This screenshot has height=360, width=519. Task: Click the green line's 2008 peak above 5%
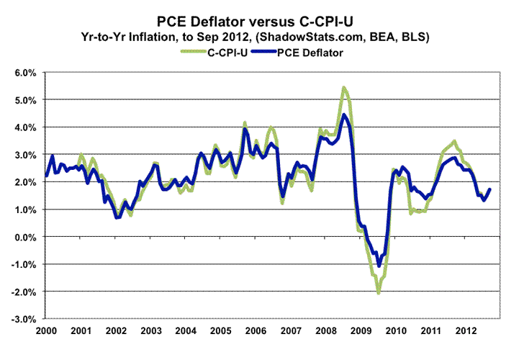click(x=344, y=88)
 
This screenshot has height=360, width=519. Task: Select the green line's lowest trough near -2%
click(x=378, y=292)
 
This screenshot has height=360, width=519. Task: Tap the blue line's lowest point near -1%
click(x=379, y=267)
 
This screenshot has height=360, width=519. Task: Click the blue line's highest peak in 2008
click(x=344, y=114)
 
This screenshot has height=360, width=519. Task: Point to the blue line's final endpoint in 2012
click(x=490, y=189)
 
